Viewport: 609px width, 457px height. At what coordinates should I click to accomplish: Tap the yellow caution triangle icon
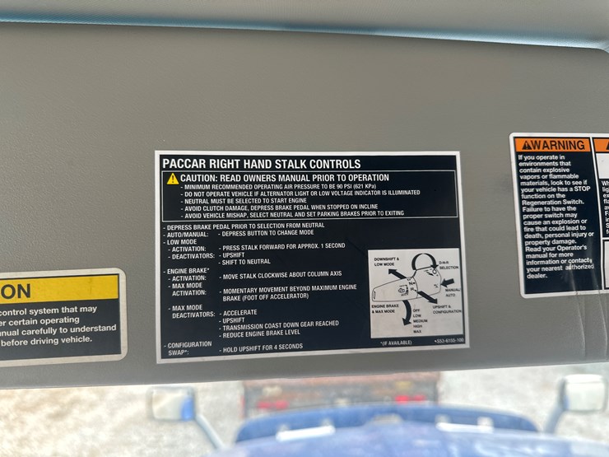(172, 179)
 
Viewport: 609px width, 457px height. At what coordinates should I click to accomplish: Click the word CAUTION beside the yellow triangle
(201, 178)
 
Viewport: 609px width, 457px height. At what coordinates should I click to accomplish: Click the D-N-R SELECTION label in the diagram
(449, 263)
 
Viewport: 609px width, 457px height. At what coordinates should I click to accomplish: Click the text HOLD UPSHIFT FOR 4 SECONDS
(262, 348)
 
